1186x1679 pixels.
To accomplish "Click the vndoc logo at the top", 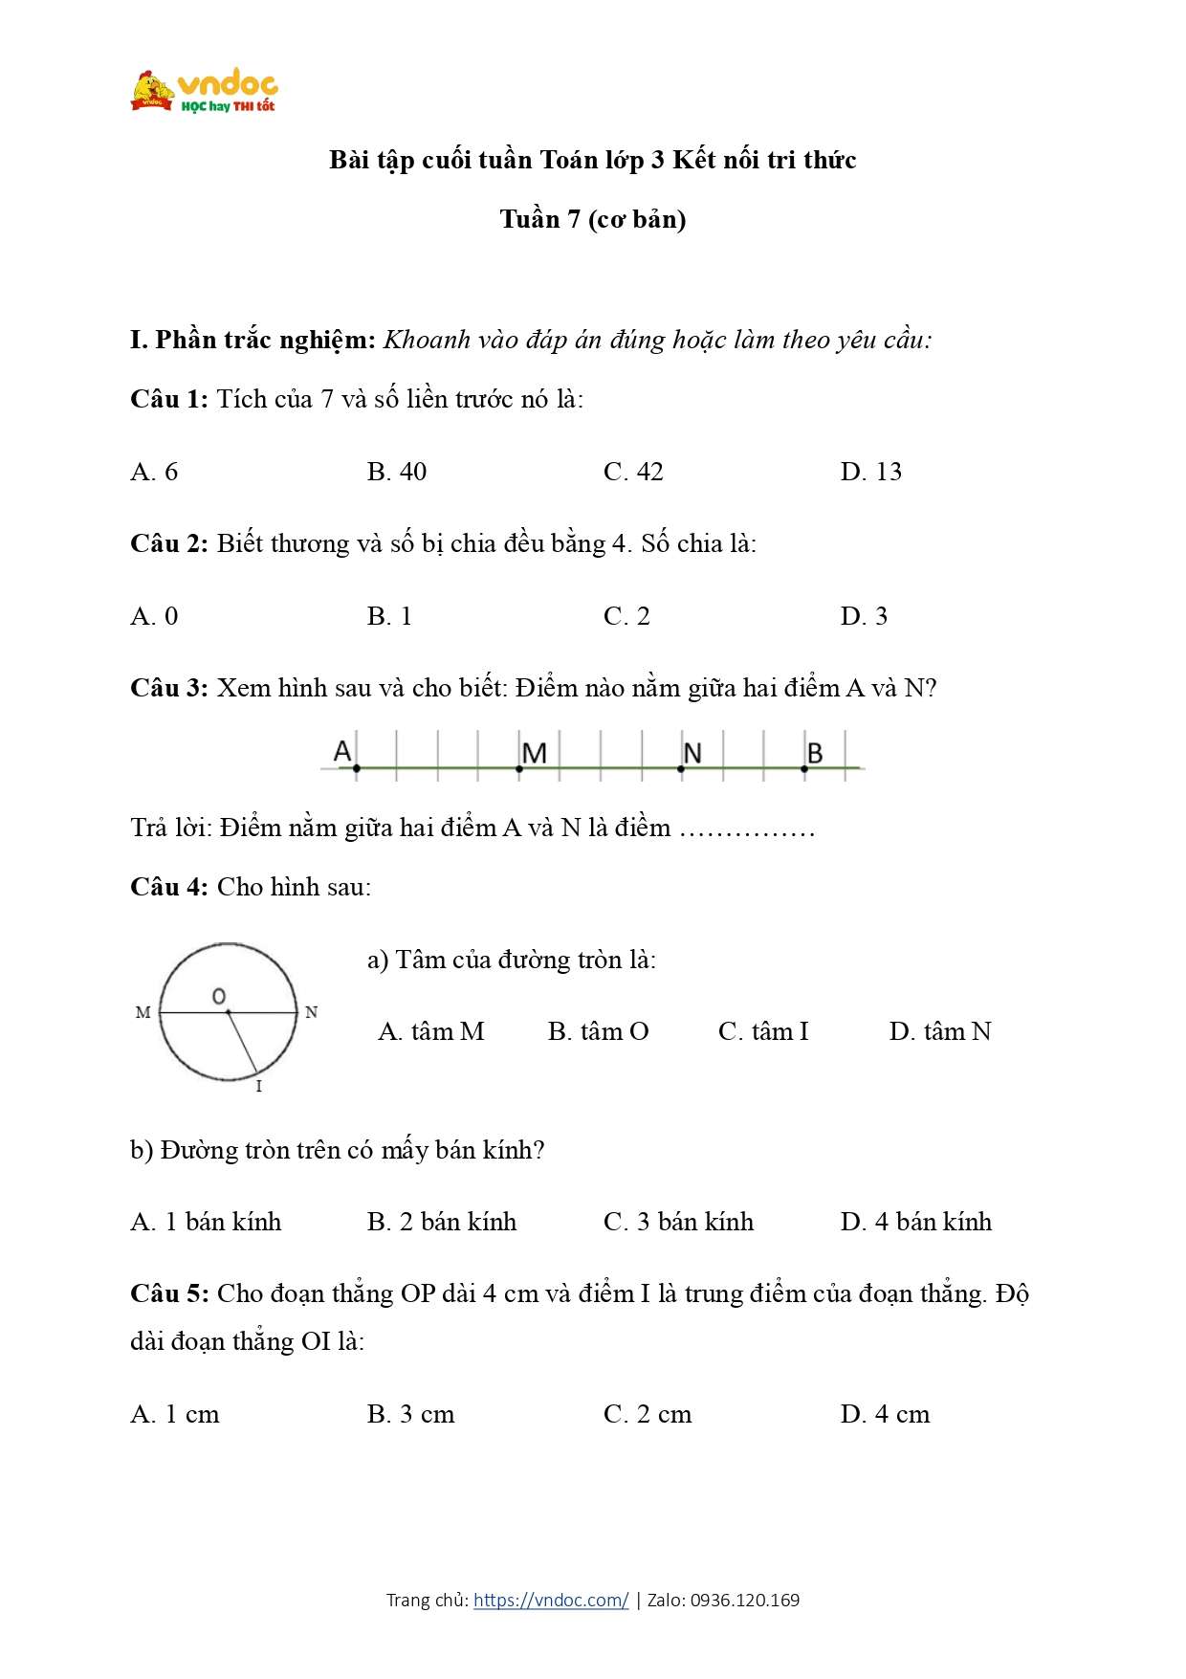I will tap(205, 92).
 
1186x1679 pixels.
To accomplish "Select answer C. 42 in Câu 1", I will tap(633, 472).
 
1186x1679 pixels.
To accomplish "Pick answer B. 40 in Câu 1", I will tap(396, 472).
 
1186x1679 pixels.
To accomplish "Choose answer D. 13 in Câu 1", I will tap(870, 472).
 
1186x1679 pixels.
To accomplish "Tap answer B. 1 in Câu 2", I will tap(389, 616).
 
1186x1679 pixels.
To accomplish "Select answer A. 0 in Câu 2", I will tap(154, 616).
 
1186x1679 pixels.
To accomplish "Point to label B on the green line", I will tap(814, 754).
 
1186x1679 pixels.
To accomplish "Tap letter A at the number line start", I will tap(342, 752).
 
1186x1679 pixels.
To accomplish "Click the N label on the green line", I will tap(692, 754).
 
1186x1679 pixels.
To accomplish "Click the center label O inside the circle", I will tap(219, 997).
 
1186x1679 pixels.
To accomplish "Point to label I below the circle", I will tap(258, 1087).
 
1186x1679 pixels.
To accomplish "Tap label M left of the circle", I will tap(143, 1012).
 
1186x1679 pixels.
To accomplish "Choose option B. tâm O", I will tap(598, 1031).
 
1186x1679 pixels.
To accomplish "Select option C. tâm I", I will tap(763, 1031).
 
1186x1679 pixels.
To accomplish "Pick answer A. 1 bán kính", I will tap(206, 1222).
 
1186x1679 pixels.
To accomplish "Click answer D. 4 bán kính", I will tap(915, 1222).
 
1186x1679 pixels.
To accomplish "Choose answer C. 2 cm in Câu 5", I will tap(648, 1414).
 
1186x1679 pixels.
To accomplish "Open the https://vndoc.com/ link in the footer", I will tap(551, 1600).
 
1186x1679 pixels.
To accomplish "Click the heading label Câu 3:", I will tap(169, 688).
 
